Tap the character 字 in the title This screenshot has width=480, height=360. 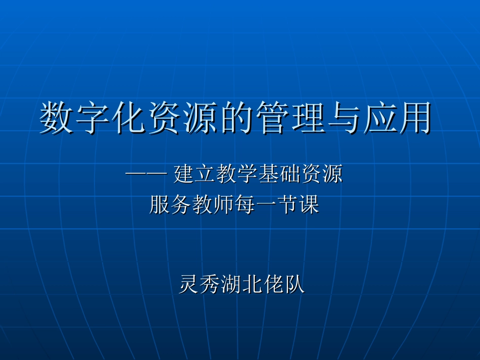(92, 118)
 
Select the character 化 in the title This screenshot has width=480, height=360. (128, 118)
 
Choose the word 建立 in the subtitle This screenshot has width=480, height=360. (194, 175)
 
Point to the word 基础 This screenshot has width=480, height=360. (279, 175)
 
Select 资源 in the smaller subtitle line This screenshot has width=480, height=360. (321, 175)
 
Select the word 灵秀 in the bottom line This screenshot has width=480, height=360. (200, 284)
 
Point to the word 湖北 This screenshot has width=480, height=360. (242, 284)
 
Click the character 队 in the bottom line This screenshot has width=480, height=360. (295, 284)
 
